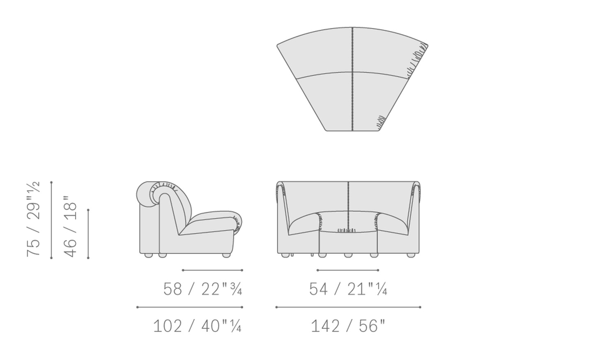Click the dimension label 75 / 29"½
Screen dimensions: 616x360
(33, 219)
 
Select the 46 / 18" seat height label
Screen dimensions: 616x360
(70, 227)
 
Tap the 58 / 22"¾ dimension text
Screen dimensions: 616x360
(203, 289)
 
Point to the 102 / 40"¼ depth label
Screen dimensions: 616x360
(197, 326)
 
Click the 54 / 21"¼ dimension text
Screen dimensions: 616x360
(348, 289)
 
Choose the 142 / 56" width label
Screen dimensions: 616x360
(348, 326)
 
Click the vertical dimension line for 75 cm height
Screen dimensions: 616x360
(51, 220)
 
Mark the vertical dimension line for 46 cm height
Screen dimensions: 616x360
(88, 234)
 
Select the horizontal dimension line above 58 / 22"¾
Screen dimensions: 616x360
(212, 270)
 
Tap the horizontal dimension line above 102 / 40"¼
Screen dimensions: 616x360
(190, 307)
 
